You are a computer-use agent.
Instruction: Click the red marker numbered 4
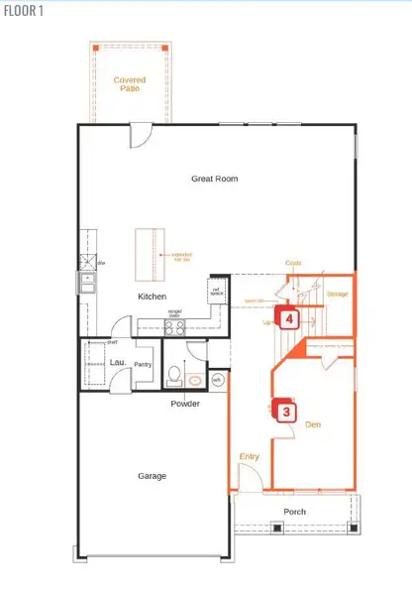click(x=288, y=319)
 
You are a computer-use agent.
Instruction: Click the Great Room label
click(x=215, y=178)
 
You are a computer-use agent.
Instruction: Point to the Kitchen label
click(x=152, y=297)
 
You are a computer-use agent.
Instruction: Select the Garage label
click(x=152, y=476)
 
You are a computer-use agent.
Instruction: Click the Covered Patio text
click(x=129, y=84)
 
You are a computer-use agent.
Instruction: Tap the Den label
click(x=313, y=425)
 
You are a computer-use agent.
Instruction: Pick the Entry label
click(x=250, y=456)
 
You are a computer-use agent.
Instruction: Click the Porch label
click(x=295, y=512)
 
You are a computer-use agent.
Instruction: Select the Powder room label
click(x=184, y=404)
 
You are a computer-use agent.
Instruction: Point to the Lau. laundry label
click(x=114, y=363)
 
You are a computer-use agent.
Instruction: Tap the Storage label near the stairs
click(x=337, y=294)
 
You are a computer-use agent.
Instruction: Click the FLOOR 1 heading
click(x=22, y=11)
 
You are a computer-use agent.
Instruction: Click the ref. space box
click(x=217, y=292)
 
